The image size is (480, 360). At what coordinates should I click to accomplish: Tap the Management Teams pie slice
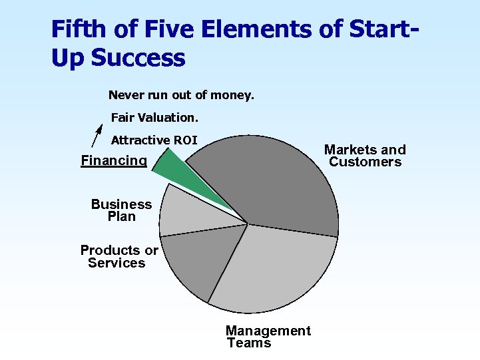pos(266,266)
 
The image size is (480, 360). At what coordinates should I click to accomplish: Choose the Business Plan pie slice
pos(183,210)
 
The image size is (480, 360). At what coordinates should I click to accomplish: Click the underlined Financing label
pos(114,160)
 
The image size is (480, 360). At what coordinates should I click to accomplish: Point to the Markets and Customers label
pos(365,156)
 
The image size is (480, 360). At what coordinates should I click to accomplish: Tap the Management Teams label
pos(268,337)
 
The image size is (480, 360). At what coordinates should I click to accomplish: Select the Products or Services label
pos(119,257)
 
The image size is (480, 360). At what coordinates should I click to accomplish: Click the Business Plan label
pos(121,210)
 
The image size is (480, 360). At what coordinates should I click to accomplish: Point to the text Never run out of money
pos(181,95)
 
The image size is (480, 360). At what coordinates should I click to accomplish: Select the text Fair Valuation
pos(154,118)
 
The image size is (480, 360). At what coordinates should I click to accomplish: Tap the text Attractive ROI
pos(154,140)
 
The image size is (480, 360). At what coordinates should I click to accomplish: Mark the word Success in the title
pos(138,58)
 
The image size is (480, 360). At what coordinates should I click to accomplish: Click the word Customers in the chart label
pos(365,162)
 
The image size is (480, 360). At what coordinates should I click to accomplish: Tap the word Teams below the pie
pos(249,343)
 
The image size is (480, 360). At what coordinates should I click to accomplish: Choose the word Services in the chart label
pos(117,263)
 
